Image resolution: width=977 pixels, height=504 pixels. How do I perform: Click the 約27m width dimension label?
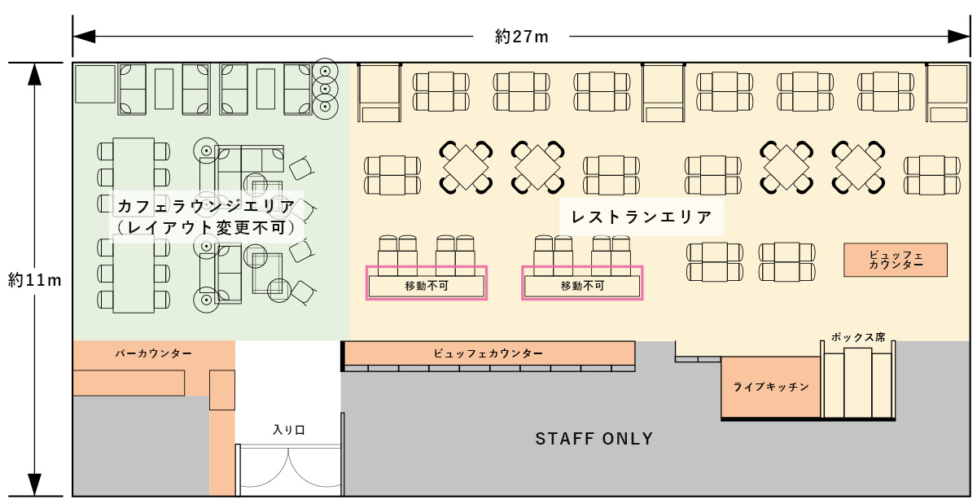(521, 37)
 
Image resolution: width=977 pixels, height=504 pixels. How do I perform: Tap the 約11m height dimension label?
(35, 280)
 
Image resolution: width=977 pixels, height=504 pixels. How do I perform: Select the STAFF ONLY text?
(594, 439)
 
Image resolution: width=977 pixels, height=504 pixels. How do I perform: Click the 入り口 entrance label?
(289, 430)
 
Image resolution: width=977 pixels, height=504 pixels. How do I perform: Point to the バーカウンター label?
(154, 353)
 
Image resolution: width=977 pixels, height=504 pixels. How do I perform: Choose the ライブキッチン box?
(771, 387)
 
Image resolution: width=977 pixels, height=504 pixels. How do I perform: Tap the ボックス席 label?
(858, 337)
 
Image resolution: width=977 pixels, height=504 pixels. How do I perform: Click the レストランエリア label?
(642, 217)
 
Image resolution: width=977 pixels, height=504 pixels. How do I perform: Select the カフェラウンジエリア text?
(206, 206)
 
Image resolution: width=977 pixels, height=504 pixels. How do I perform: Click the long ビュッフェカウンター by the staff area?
(488, 353)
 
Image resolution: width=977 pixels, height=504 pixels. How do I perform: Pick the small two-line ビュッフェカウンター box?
(896, 260)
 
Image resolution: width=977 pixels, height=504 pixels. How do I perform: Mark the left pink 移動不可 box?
(427, 283)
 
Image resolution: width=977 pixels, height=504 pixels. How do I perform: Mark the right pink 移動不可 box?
(582, 283)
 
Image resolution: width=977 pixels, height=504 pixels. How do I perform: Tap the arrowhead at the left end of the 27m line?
(84, 37)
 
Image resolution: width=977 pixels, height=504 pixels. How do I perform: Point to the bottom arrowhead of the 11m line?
(34, 484)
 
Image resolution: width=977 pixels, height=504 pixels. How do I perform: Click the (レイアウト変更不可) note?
(206, 227)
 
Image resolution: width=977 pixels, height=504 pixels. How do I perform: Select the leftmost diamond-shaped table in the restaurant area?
(466, 167)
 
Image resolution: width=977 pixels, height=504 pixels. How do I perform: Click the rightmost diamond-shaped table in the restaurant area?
(858, 167)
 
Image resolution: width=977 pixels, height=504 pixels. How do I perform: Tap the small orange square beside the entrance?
(222, 390)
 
